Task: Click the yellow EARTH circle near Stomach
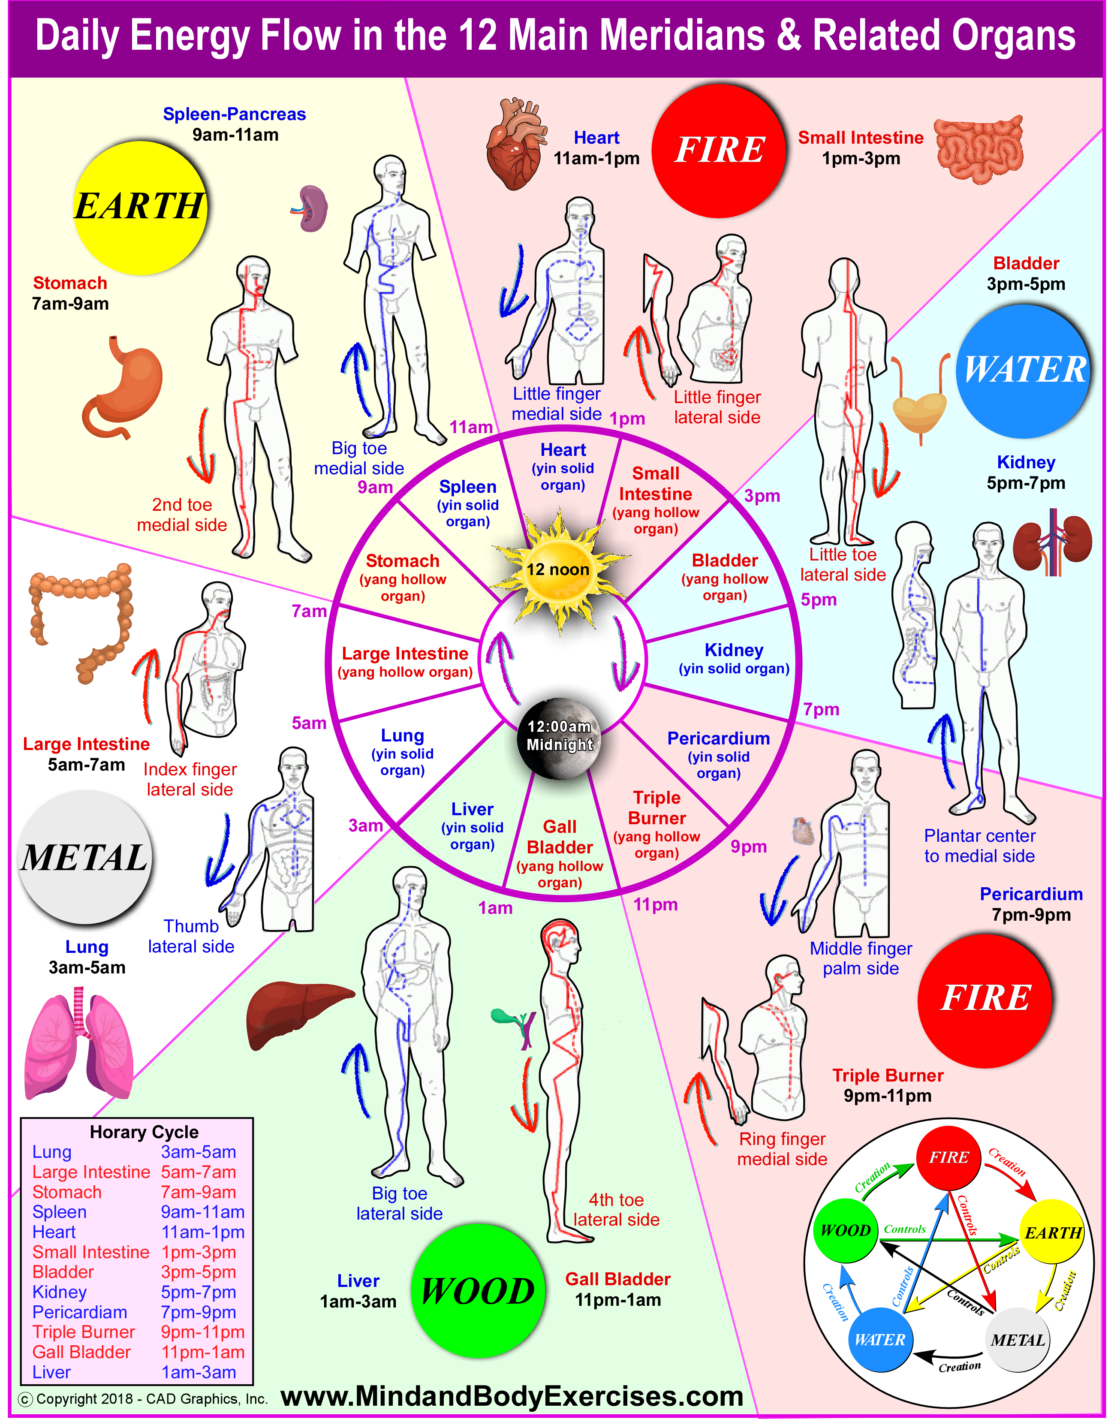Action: point(140,208)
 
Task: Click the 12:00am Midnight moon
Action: point(560,737)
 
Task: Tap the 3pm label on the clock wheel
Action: point(762,496)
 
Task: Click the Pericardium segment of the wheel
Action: point(717,754)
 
